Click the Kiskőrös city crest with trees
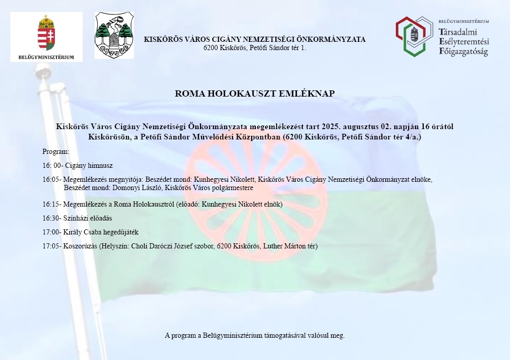114,35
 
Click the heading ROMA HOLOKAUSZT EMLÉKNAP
255,93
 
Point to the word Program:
56,151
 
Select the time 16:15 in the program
51,205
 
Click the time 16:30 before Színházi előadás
51,218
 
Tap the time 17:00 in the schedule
51,232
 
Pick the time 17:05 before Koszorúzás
51,246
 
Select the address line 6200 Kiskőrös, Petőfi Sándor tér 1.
255,48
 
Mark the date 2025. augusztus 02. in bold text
357,127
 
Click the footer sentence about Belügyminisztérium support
255,335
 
